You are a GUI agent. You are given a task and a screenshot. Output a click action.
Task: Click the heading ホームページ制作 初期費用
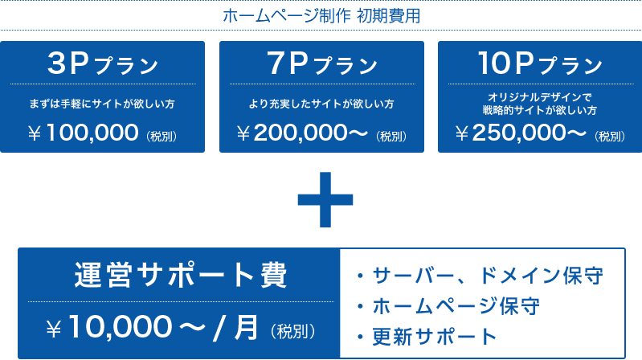point(321,16)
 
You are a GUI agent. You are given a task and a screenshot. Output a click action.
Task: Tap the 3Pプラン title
point(103,64)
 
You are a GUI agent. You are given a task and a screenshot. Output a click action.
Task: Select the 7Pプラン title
point(322,64)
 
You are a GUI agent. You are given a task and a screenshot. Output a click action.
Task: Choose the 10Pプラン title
point(540,64)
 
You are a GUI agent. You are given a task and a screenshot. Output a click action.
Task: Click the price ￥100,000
point(83,133)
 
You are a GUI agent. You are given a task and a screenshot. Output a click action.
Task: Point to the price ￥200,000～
point(302,133)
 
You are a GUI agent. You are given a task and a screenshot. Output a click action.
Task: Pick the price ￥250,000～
point(521,133)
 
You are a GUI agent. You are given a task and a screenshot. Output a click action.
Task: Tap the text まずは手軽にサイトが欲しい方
point(102,104)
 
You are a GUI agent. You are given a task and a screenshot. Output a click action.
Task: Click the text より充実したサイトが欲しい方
point(321,104)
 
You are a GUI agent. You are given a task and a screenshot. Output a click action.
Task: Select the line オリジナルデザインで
point(540,97)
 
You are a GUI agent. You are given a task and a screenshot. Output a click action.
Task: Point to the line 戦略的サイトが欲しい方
point(540,110)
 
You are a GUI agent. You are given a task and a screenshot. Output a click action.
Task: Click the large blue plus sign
point(325,199)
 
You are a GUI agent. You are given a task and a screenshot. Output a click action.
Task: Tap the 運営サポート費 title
point(181,275)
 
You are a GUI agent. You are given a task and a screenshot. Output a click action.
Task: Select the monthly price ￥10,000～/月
point(153,328)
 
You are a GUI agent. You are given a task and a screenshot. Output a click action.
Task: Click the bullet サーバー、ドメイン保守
point(480,275)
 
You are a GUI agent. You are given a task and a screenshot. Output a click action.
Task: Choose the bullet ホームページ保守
point(448,306)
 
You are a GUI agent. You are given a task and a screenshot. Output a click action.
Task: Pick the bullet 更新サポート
point(427,337)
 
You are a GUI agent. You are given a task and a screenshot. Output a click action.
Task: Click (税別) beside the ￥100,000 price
point(162,136)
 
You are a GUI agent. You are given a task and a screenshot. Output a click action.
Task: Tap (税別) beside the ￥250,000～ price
point(610,136)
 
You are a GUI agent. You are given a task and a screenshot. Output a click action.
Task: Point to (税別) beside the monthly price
point(292,331)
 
